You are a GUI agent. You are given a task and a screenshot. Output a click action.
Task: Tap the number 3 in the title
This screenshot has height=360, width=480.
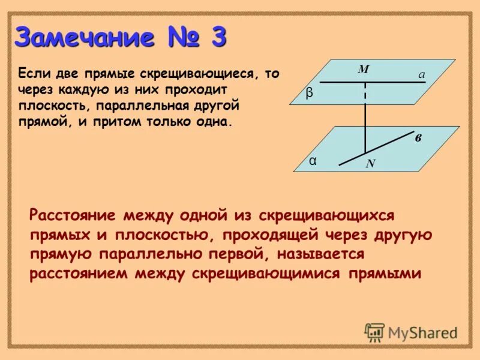[x=218, y=38]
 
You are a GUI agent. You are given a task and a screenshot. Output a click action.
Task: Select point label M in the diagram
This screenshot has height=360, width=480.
[x=363, y=70]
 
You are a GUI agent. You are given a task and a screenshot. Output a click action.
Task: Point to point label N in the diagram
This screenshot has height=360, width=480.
[x=370, y=163]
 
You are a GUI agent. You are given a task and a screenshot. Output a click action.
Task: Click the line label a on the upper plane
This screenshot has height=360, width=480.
[x=422, y=74]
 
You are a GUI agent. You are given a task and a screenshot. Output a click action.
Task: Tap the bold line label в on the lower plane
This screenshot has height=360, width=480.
[x=418, y=139]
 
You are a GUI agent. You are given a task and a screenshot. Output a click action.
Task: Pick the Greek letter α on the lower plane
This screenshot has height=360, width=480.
[x=313, y=161]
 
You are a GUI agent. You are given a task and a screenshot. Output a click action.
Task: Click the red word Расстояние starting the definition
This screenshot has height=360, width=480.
[x=72, y=215]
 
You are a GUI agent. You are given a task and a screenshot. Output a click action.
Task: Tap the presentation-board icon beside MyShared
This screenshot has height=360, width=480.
[x=374, y=332]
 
